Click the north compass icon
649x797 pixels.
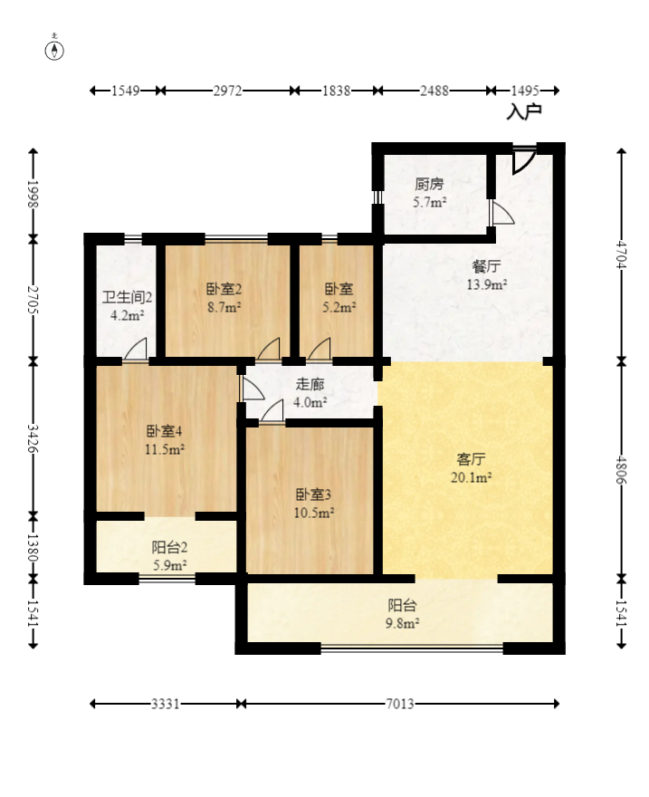55,49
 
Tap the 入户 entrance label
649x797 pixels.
523,112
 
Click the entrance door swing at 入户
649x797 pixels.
521,160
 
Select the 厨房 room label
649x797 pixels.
429,185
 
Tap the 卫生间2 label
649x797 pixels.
126,297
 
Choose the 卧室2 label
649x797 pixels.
224,290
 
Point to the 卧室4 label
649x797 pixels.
165,432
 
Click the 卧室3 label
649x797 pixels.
313,495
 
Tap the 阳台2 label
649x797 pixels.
169,547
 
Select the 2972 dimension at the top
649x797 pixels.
227,91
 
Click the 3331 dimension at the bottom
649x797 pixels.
165,703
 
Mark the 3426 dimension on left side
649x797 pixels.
33,438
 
